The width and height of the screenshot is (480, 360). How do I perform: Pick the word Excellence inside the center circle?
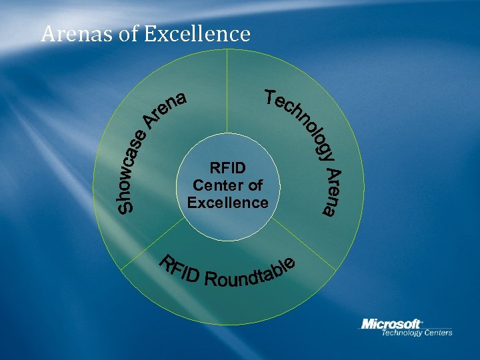point(227,202)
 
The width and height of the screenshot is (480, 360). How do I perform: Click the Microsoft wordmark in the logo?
point(391,324)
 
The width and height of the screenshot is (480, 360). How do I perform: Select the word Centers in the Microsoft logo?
point(436,333)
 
